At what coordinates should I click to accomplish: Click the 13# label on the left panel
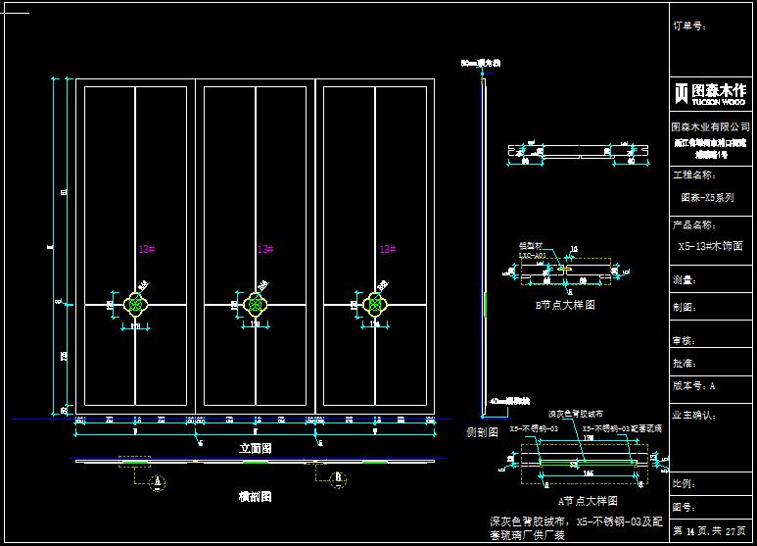146,250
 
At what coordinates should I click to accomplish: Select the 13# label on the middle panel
264,250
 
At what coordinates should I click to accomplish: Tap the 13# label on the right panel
387,250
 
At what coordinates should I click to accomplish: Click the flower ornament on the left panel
136,305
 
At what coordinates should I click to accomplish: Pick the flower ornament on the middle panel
255,305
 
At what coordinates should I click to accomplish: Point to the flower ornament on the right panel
374,305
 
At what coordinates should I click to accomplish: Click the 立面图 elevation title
255,447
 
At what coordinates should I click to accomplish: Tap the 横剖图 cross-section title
255,497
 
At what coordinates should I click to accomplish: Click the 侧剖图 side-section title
482,431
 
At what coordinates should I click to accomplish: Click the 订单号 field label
689,25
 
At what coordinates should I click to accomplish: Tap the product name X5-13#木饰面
711,246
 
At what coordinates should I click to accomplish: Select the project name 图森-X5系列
707,197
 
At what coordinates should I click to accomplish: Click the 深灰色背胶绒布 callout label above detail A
576,414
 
